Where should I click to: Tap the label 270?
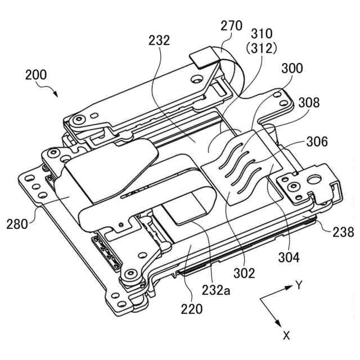pos(232,26)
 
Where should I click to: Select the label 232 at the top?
pos(160,40)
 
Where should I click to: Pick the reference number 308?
pos(309,103)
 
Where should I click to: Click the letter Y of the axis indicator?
pos(299,285)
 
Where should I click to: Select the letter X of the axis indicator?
pos(286,336)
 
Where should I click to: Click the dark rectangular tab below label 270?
pos(203,55)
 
